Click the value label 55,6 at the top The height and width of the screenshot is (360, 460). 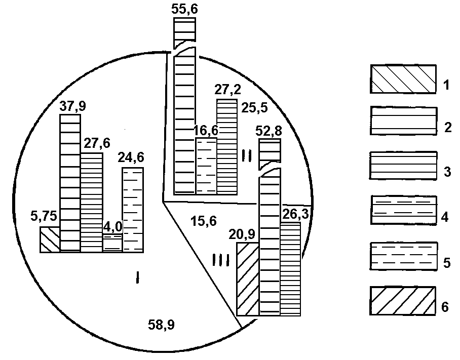tap(184, 9)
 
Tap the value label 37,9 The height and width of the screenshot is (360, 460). tap(73, 106)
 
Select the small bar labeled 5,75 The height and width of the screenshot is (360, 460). tap(50, 239)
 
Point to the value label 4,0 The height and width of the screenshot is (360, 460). tap(112, 227)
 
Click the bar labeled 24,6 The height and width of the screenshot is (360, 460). tap(133, 210)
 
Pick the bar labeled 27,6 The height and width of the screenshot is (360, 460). tap(92, 203)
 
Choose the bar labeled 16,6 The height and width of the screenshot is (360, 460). tap(207, 166)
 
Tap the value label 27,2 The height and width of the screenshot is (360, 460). tap(227, 90)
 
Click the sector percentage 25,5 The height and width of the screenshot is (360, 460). tap(254, 108)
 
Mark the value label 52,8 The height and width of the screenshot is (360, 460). tap(269, 131)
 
